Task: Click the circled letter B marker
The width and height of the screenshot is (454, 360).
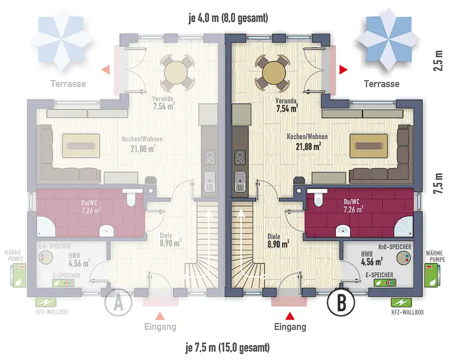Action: [x=341, y=302]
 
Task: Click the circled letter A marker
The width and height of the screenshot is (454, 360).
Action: [x=118, y=302]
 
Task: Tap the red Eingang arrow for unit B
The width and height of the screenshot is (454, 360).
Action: [x=290, y=316]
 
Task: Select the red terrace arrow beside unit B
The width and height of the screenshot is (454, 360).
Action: [x=343, y=69]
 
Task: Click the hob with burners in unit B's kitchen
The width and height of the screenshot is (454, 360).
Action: [x=239, y=157]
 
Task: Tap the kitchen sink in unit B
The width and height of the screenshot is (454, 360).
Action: [x=240, y=181]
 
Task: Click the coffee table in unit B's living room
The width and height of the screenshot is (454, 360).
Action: [x=368, y=146]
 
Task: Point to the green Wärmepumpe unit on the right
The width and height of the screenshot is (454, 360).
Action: [x=431, y=275]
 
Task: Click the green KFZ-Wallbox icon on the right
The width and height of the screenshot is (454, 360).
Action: [x=399, y=302]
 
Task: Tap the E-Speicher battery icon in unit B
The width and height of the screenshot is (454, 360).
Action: [x=385, y=282]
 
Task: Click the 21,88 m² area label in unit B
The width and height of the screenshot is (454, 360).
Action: [x=308, y=146]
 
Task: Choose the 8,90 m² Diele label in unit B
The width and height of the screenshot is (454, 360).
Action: [x=278, y=244]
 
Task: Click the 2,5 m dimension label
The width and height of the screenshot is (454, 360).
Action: [x=438, y=61]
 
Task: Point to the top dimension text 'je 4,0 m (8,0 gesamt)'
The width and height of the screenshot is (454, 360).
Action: [x=229, y=18]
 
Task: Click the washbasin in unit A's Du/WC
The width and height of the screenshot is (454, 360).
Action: [x=107, y=231]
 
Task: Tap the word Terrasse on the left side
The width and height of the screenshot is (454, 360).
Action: [x=68, y=83]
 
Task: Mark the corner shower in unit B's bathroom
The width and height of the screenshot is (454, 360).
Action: [x=404, y=227]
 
